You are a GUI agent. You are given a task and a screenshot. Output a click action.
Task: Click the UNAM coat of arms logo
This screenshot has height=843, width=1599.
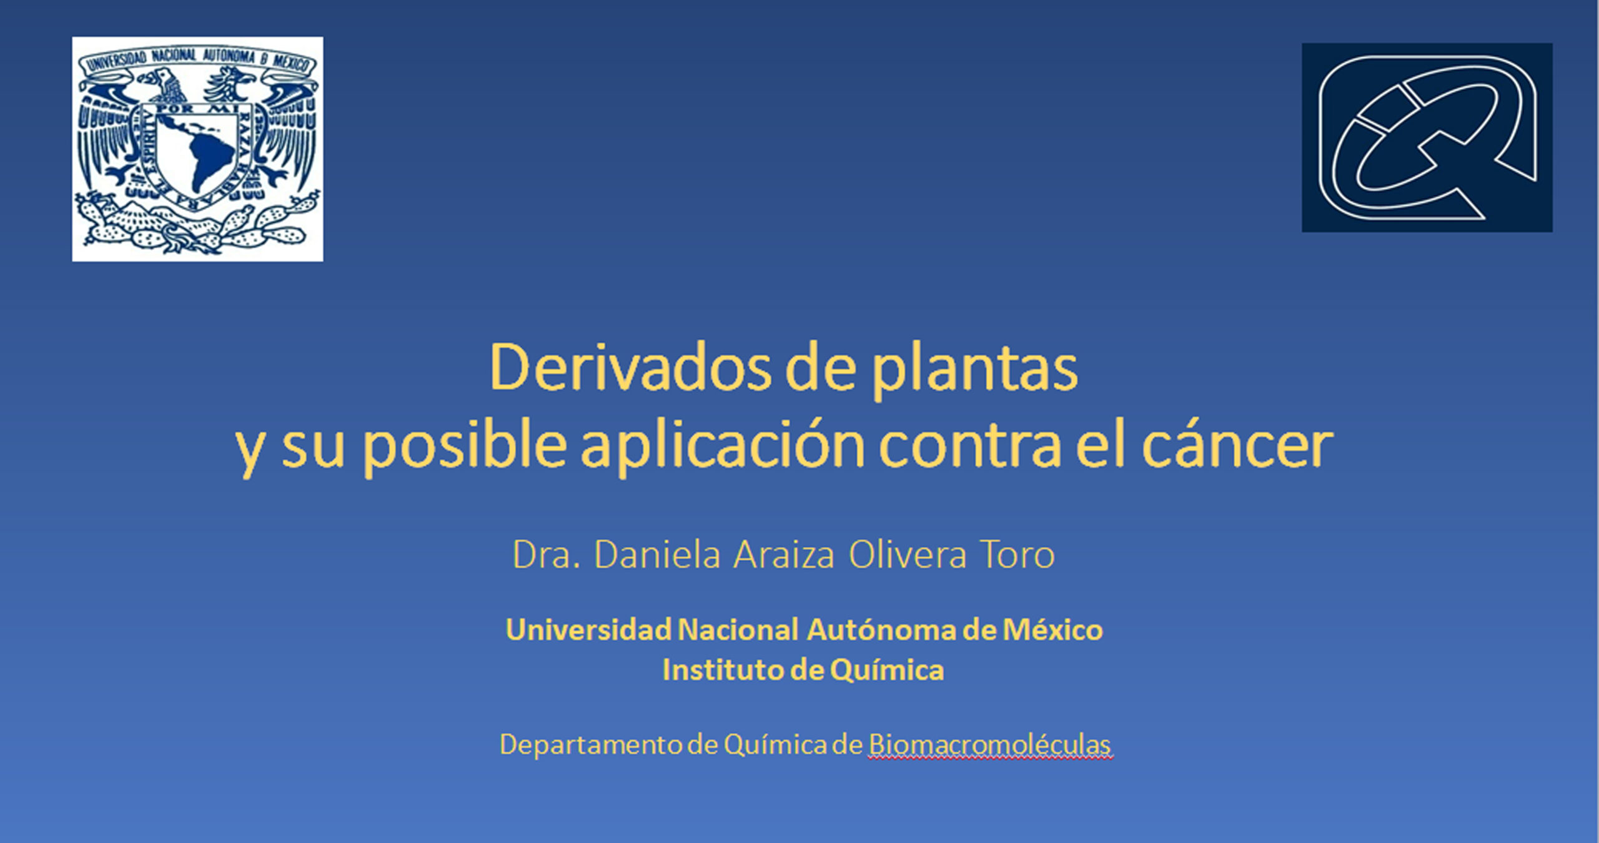coord(197,149)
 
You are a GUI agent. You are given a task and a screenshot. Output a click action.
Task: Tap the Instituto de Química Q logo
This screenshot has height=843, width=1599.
coord(1427,137)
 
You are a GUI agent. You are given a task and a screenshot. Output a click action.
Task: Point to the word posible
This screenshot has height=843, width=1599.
coord(465,446)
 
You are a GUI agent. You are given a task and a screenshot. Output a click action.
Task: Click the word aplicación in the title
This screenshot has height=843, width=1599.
coord(723,446)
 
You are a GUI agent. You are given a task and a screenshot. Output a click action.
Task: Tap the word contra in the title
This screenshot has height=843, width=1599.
coord(970,446)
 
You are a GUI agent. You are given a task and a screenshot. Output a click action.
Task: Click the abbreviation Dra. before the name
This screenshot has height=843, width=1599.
coord(547,555)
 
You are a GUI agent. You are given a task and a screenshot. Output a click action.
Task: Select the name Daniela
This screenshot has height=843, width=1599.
coord(658,554)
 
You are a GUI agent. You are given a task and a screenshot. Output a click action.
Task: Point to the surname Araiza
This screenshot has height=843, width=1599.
coord(784,555)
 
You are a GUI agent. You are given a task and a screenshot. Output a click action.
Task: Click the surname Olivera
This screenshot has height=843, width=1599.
coord(908,555)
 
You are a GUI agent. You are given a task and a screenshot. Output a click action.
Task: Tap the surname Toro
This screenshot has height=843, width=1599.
coord(1017,555)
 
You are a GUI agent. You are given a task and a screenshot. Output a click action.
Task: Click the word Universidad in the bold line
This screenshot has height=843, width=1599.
coord(588,629)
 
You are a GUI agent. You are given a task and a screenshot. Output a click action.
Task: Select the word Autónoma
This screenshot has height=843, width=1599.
coord(881,629)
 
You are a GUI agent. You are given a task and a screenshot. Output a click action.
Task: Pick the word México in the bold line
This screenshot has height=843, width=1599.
coord(1052,629)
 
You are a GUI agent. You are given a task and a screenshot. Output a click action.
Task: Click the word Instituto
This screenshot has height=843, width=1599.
coord(723,670)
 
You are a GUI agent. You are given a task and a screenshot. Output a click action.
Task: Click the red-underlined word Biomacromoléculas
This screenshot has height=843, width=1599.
coord(990,745)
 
